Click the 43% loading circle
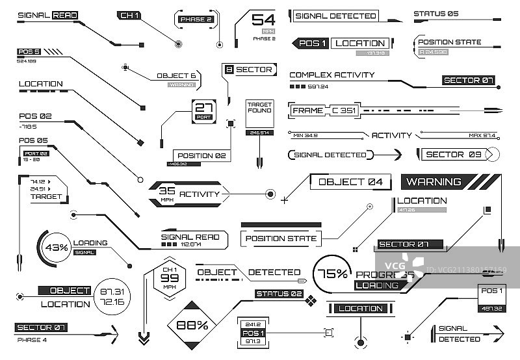[56, 248]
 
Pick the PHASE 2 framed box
[196, 19]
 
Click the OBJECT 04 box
[350, 182]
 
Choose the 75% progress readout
[332, 274]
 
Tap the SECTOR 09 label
[454, 155]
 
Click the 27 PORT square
[203, 111]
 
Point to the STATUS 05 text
[435, 14]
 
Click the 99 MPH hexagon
[169, 279]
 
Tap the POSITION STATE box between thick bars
[281, 238]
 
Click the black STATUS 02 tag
[279, 294]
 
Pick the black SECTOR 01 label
[42, 327]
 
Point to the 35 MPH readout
[168, 193]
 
